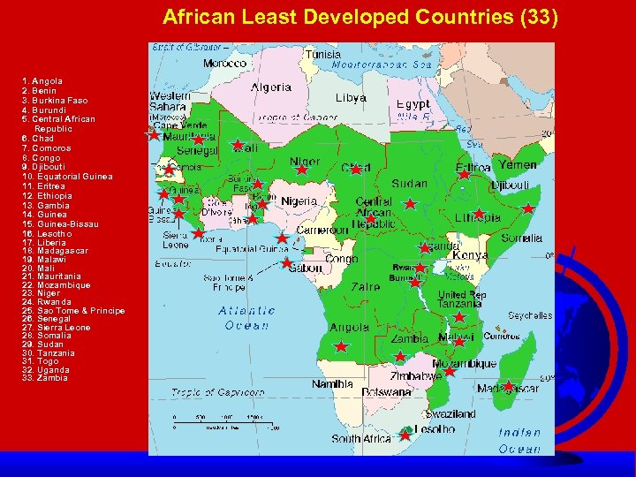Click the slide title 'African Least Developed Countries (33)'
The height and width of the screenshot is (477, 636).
(360, 17)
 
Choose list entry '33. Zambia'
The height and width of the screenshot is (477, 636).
(45, 378)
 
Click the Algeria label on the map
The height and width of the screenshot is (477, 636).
(271, 87)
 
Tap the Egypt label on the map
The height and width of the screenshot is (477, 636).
(412, 103)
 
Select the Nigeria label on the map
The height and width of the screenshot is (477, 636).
(299, 201)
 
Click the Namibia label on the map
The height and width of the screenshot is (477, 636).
(334, 384)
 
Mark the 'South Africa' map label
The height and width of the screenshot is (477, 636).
(361, 439)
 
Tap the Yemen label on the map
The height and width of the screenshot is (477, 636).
(517, 165)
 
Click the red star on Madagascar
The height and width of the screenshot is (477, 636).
(508, 385)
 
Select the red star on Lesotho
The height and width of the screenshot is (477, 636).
(405, 435)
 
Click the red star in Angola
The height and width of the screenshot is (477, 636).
(341, 347)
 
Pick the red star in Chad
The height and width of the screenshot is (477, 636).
(355, 168)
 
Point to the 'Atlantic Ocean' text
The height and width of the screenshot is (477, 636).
(246, 318)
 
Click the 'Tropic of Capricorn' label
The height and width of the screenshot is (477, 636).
(219, 392)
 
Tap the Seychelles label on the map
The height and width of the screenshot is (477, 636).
(530, 315)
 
